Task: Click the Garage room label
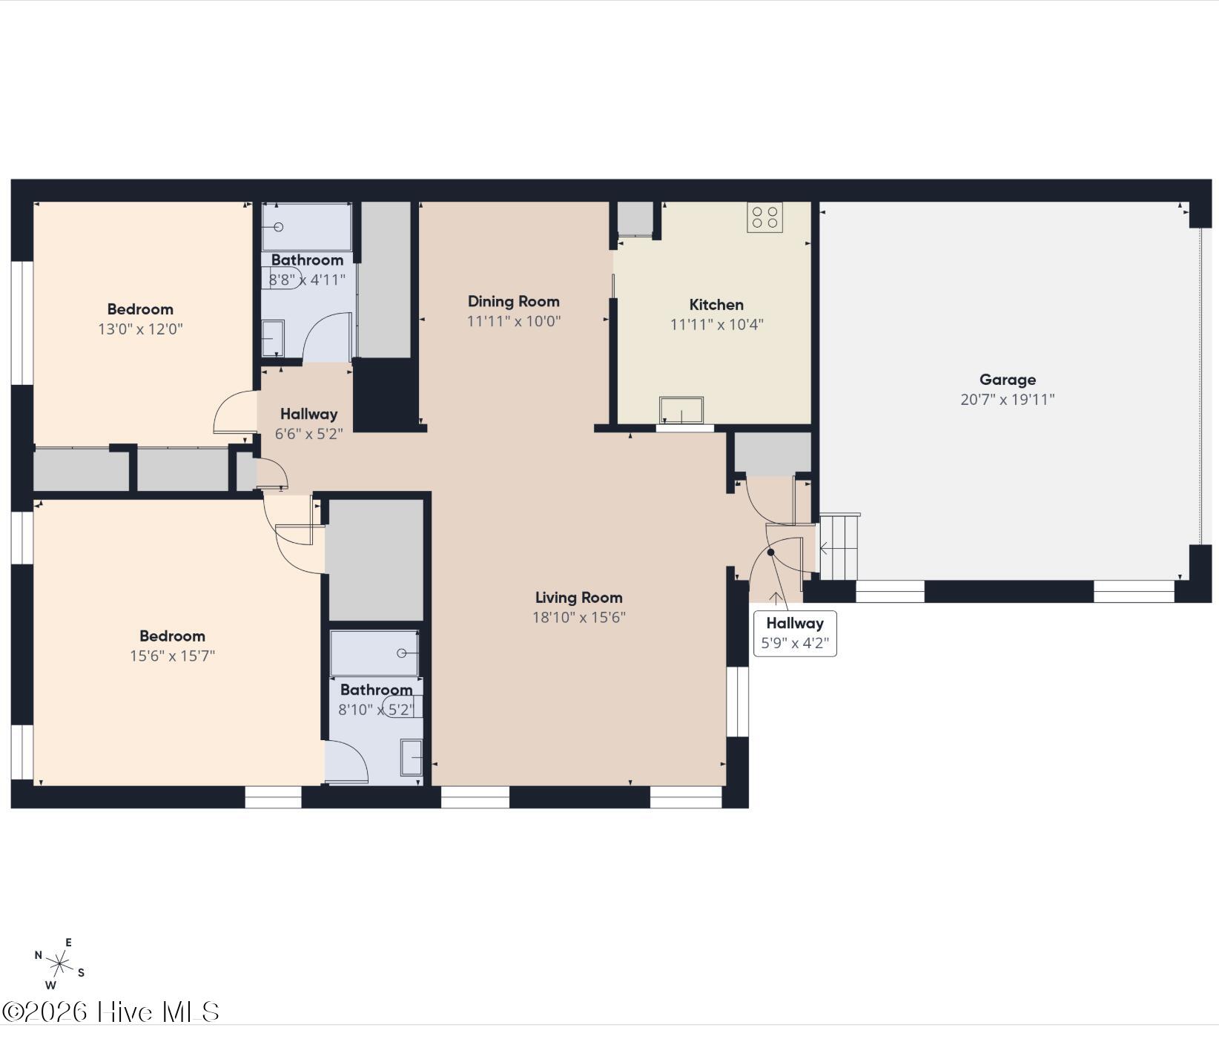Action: coord(1007,380)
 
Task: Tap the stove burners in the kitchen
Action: coord(764,217)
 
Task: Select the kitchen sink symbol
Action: coord(681,410)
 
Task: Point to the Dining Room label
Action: coord(513,301)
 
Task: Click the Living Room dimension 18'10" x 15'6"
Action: coord(579,617)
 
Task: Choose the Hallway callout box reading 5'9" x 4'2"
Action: coord(795,633)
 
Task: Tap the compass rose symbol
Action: coord(59,964)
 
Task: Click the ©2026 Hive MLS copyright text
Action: coord(111,1012)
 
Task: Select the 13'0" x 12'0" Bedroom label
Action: coord(140,319)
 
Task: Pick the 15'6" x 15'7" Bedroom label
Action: coord(172,645)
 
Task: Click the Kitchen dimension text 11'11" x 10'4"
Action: coord(716,324)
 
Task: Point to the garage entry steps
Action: coord(839,547)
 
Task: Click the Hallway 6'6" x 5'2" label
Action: coord(308,423)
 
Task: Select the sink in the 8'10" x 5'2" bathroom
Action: coord(412,757)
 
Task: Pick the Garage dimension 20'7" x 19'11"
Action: coord(1007,399)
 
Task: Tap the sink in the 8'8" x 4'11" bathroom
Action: coord(273,338)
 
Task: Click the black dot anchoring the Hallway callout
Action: coord(770,552)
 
